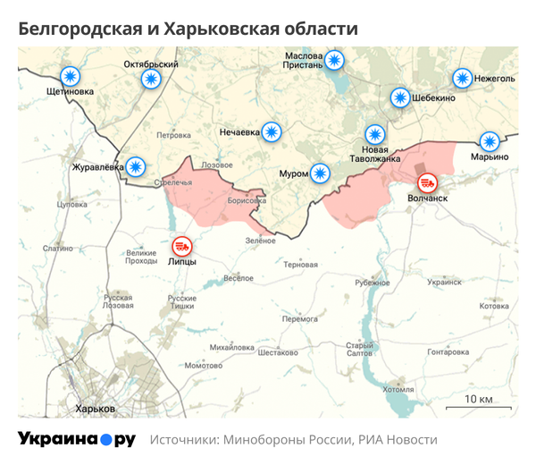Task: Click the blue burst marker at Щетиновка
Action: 69,77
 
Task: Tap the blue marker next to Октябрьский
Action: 151,79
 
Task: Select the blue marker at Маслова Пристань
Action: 334,60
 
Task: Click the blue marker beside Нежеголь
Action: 462,78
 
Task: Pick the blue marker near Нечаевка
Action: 271,132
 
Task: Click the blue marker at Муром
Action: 321,172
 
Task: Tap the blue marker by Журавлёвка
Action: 135,165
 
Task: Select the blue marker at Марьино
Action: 489,140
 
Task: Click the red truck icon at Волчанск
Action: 428,182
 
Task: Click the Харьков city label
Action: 96,409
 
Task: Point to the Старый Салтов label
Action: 360,350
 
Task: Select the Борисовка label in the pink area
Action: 247,201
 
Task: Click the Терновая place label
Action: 300,265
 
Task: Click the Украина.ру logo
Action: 76,440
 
